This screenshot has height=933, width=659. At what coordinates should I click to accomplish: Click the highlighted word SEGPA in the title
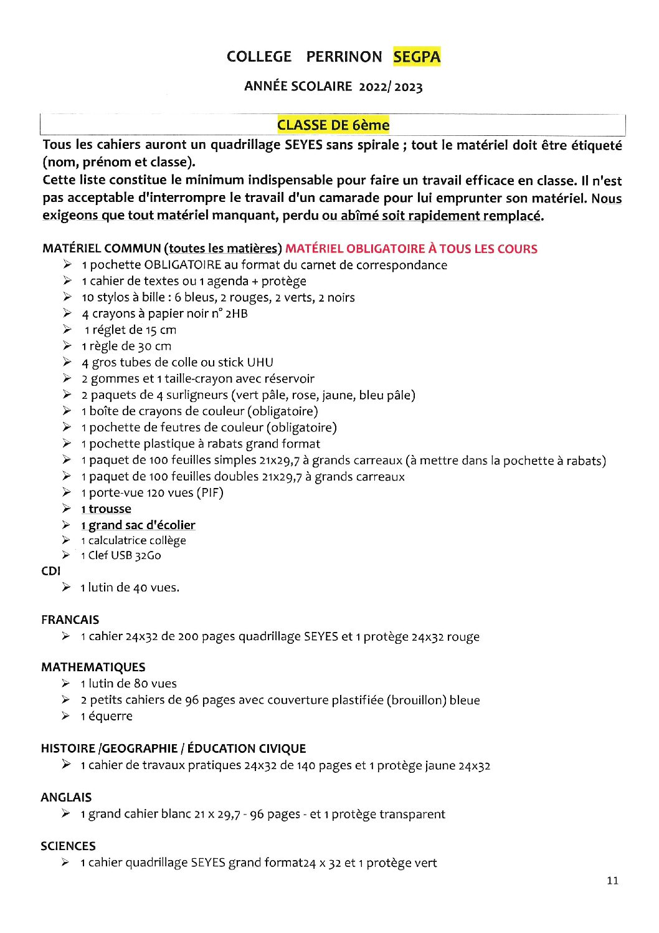[417, 57]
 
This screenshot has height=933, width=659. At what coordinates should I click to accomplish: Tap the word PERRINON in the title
[344, 57]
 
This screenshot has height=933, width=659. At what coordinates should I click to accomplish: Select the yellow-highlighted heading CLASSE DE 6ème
[333, 125]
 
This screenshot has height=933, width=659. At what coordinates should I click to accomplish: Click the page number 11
[612, 881]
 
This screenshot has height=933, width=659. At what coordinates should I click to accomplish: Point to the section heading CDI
[51, 571]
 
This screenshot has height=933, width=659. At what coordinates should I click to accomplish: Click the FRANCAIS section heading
[70, 620]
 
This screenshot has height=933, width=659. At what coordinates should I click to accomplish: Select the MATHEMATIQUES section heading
[93, 667]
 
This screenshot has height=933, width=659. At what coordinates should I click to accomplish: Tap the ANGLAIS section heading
[66, 797]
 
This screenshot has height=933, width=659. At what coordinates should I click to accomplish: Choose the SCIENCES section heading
[69, 846]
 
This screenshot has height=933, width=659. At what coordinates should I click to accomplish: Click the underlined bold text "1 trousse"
[107, 509]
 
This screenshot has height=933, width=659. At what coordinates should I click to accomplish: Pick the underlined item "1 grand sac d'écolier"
[138, 525]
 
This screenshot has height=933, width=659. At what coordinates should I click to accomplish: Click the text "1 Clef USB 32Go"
[121, 555]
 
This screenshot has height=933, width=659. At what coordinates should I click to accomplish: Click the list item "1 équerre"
[107, 716]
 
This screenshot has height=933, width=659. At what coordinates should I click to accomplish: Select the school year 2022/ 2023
[391, 87]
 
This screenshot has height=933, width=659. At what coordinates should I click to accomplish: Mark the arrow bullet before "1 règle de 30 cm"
[67, 346]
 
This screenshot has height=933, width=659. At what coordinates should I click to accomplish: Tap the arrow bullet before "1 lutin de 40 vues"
[66, 587]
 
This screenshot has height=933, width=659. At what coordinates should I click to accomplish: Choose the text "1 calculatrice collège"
[134, 540]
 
